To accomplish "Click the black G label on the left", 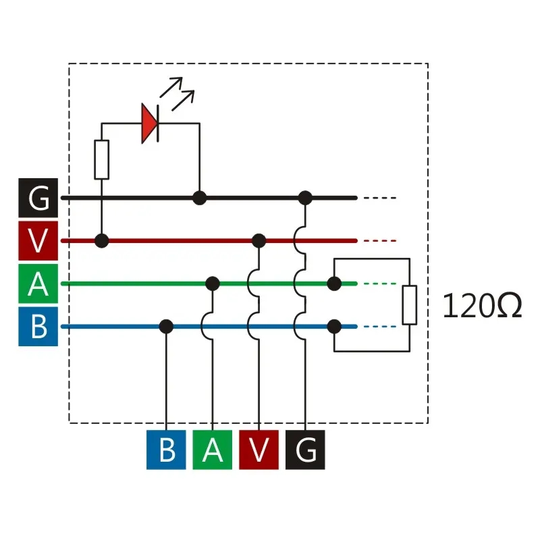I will tap(38, 198).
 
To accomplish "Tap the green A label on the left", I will tap(38, 283).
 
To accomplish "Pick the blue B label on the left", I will tap(38, 326).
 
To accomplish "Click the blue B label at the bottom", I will tap(166, 450).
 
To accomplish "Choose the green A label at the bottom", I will tap(213, 450).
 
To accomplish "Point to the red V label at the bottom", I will tap(259, 450).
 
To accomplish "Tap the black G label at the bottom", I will tap(305, 450).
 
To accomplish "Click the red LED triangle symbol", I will tap(149, 124).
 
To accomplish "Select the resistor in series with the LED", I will tap(101, 160).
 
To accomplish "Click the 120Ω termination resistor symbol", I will tap(410, 304).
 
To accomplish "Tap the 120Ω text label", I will tap(482, 306).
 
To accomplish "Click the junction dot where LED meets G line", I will tap(199, 198).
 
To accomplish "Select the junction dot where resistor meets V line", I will tap(101, 240).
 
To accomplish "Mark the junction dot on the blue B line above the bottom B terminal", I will tap(166, 327).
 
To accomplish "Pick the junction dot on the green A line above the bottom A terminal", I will tap(213, 283).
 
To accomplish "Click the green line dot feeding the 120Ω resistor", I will tap(333, 283).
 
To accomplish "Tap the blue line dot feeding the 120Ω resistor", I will tap(333, 327).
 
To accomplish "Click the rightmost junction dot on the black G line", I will tap(305, 198).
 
